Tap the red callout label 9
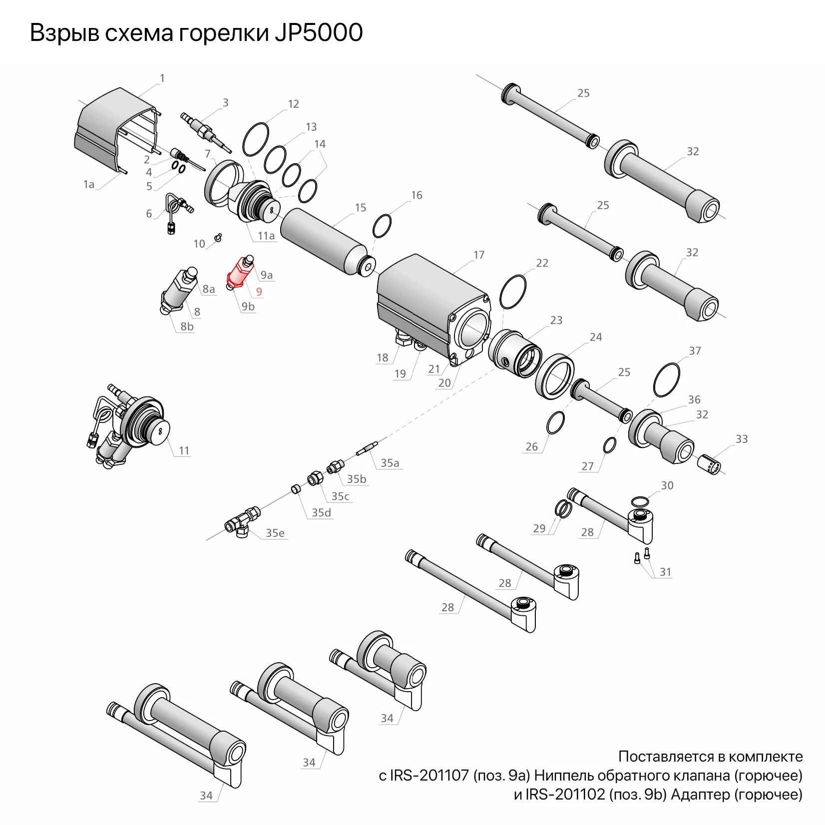pos(259,292)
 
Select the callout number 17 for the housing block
pos(479,255)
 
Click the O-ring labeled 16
pos(382,227)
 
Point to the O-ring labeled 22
pos(512,292)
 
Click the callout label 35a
pos(390,463)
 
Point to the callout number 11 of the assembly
pos(184,450)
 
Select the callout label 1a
pos(88,184)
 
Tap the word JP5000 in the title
pos(318,33)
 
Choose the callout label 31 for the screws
pos(665,572)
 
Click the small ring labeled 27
pos(609,445)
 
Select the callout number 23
pos(556,320)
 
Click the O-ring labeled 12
pos(256,138)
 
